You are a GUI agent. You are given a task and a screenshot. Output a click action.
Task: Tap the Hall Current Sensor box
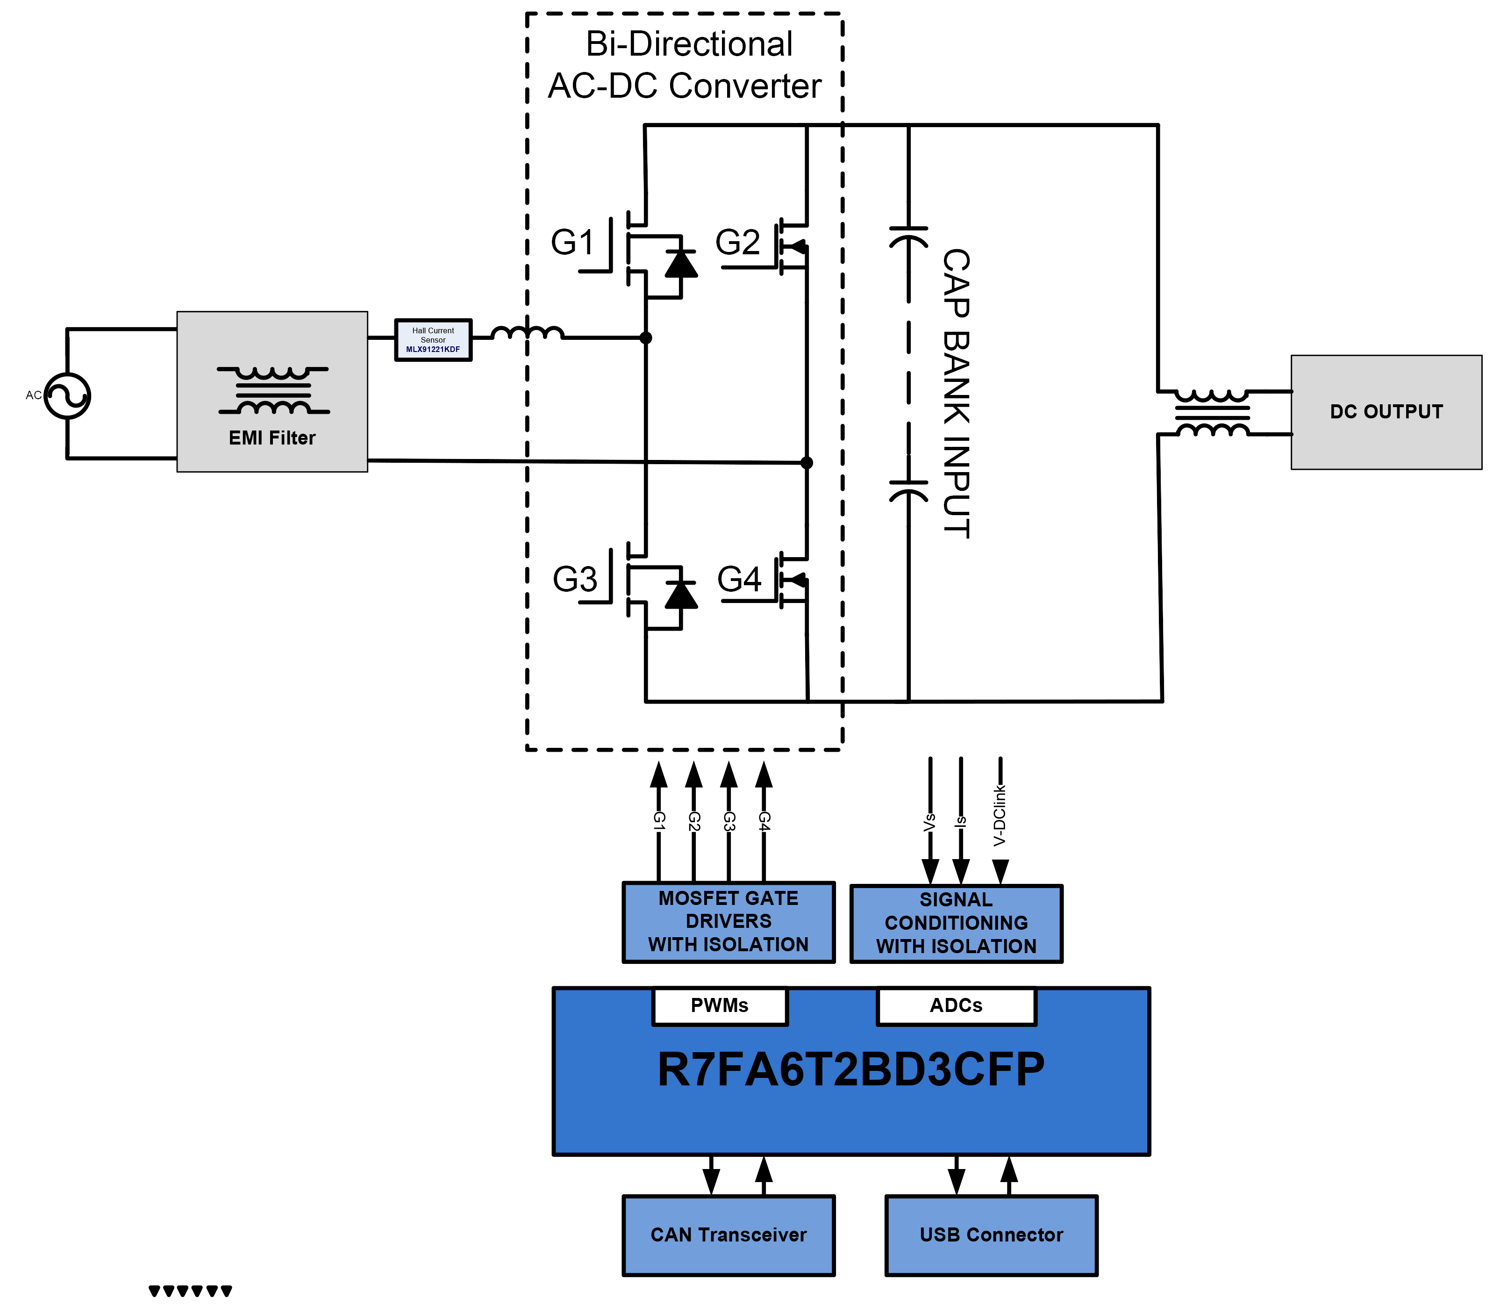pos(433,340)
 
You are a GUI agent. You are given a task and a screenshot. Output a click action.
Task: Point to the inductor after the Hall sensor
pos(528,333)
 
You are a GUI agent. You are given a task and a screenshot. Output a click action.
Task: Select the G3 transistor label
pos(574,580)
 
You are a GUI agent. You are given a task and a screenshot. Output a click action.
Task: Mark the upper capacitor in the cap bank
pos(908,237)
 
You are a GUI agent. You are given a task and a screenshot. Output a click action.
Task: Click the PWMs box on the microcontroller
pos(720,1006)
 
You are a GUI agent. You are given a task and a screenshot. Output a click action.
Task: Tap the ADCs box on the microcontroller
pos(956,1006)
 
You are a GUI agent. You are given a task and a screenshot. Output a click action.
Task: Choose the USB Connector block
pos(991,1235)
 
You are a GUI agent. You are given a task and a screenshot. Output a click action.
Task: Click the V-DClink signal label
pos(1000,816)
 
